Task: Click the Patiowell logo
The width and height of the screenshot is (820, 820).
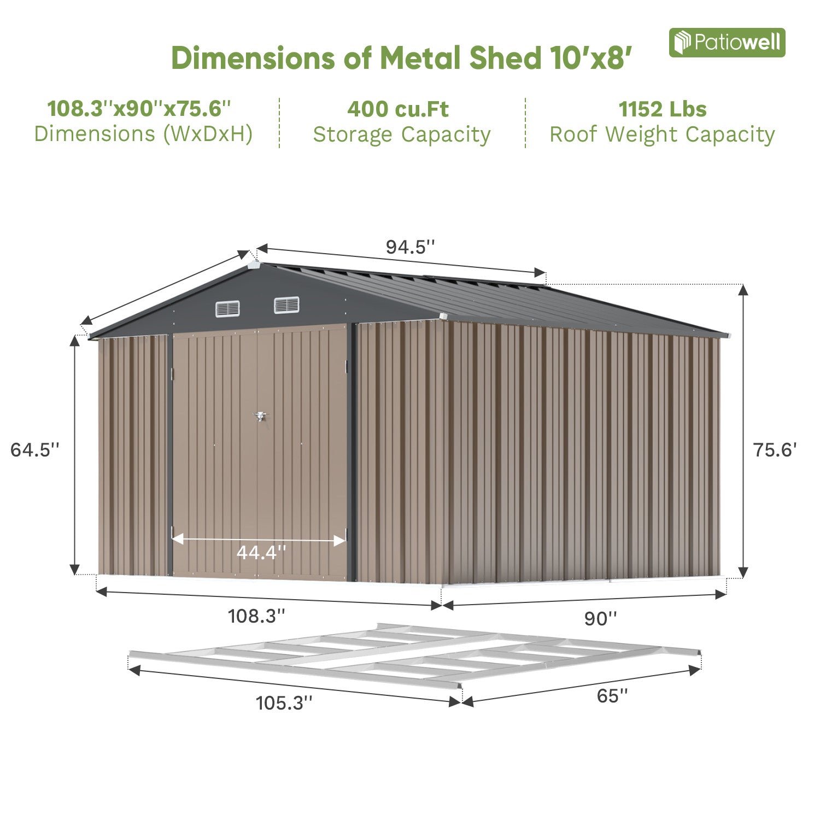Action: [727, 43]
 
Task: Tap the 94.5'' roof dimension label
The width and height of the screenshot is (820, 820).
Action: [410, 247]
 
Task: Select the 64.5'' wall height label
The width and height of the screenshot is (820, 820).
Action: [34, 450]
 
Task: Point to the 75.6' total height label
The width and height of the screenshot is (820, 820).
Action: [775, 450]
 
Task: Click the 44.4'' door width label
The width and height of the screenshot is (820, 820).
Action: [261, 553]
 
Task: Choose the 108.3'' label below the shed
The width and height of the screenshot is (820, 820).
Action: [256, 616]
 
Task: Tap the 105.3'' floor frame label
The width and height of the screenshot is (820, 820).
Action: [284, 702]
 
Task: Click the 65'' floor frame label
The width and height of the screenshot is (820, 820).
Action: [612, 696]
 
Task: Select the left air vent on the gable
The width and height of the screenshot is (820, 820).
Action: [227, 309]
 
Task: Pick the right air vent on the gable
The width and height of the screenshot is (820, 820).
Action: [286, 305]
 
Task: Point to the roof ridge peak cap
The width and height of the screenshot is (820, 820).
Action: [254, 265]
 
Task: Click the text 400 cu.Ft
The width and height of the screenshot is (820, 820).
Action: [398, 109]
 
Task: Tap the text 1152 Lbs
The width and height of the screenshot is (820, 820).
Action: [662, 109]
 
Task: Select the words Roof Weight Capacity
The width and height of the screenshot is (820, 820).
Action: [662, 134]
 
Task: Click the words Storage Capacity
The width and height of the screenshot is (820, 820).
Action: [402, 134]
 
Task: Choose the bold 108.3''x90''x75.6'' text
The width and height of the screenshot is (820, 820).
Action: [139, 109]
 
